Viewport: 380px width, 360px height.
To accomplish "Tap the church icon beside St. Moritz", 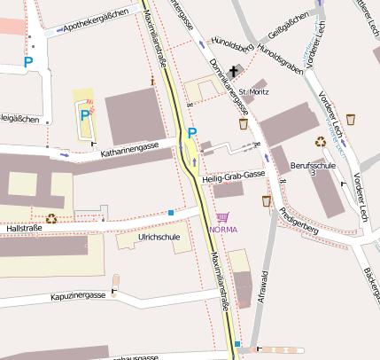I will pyautogui.click(x=235, y=71).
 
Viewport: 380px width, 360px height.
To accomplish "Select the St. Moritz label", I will pyautogui.click(x=253, y=91).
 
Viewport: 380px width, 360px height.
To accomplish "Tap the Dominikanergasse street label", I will pyautogui.click(x=229, y=88).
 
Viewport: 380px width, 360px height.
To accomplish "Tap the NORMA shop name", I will pyautogui.click(x=222, y=229).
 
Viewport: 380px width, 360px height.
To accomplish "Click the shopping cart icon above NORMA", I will pyautogui.click(x=222, y=216).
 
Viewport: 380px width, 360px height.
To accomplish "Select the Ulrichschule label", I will pyautogui.click(x=159, y=238).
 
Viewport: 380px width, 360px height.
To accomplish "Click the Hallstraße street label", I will pyautogui.click(x=25, y=229).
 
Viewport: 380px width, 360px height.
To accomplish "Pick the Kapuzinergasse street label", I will pyautogui.click(x=78, y=295).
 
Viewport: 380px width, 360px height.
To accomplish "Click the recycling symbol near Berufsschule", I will pyautogui.click(x=320, y=140).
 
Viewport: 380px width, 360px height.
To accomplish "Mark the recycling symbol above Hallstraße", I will pyautogui.click(x=51, y=217).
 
